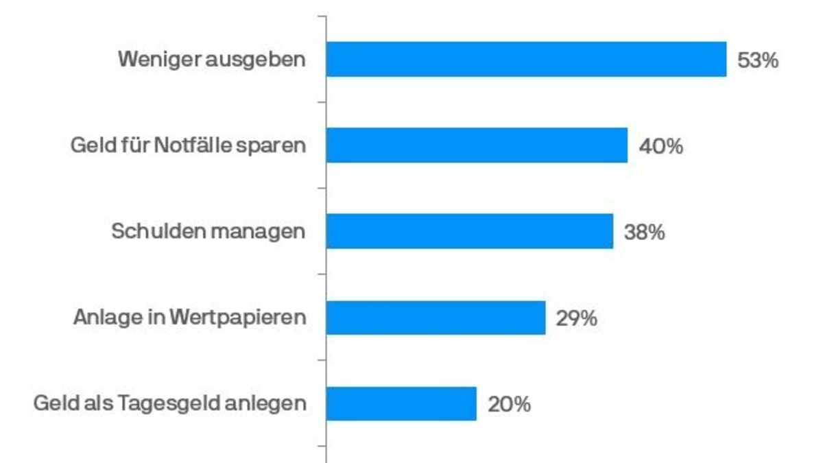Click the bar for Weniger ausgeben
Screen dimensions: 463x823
pyautogui.click(x=526, y=59)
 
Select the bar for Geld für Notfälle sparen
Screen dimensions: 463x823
pyautogui.click(x=477, y=145)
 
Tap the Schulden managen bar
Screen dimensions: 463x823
pyautogui.click(x=470, y=231)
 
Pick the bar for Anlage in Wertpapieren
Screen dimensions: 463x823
pyautogui.click(x=436, y=318)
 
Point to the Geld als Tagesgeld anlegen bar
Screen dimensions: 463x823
pyautogui.click(x=401, y=403)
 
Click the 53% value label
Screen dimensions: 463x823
pyautogui.click(x=758, y=60)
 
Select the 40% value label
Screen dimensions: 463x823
pyautogui.click(x=661, y=146)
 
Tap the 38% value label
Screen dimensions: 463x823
pyautogui.click(x=645, y=233)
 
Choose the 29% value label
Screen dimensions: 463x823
pyautogui.click(x=577, y=318)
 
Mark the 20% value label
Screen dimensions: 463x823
pyautogui.click(x=509, y=405)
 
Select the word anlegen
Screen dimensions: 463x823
pyautogui.click(x=272, y=404)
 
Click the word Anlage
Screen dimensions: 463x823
pyautogui.click(x=105, y=318)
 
